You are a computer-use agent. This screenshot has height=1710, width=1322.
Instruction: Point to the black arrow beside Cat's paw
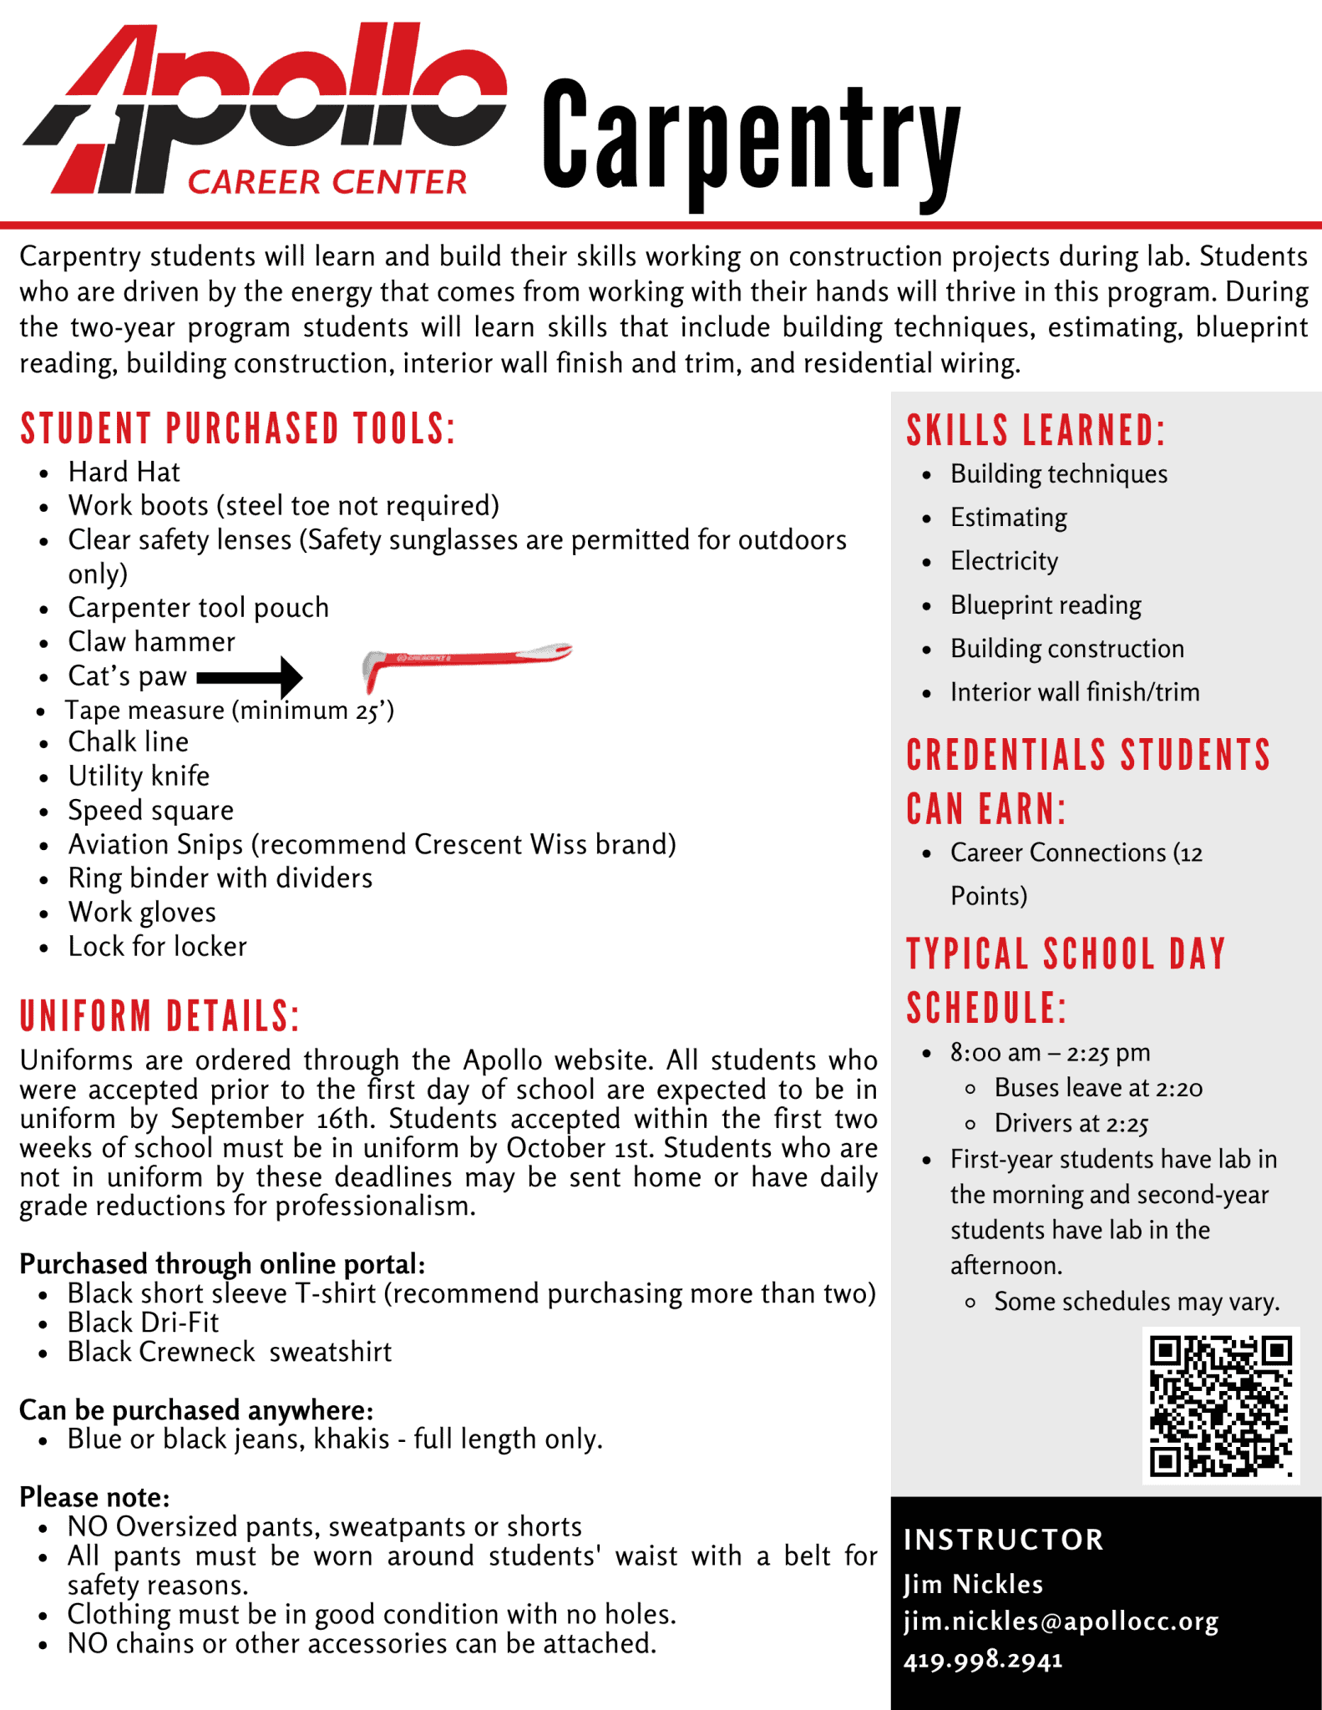pyautogui.click(x=250, y=676)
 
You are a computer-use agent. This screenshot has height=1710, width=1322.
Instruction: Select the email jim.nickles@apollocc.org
pyautogui.click(x=1061, y=1621)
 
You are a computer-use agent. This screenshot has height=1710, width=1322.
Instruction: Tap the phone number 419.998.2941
pyautogui.click(x=983, y=1659)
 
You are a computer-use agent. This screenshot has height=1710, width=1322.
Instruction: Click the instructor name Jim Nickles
pyautogui.click(x=973, y=1584)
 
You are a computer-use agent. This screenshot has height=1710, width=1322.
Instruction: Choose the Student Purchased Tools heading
pyautogui.click(x=238, y=429)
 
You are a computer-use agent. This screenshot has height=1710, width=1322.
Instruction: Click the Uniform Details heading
pyautogui.click(x=160, y=1016)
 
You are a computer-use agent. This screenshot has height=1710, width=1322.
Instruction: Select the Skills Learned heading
pyautogui.click(x=1036, y=431)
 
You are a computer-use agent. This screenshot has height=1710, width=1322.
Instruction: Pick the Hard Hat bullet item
pyautogui.click(x=124, y=473)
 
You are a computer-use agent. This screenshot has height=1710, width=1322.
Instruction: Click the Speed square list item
pyautogui.click(x=150, y=811)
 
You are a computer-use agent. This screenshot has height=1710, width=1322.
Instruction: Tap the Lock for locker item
pyautogui.click(x=157, y=947)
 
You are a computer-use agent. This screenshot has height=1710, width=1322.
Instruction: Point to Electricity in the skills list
pyautogui.click(x=1004, y=561)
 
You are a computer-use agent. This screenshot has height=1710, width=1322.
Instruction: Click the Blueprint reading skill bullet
pyautogui.click(x=1046, y=605)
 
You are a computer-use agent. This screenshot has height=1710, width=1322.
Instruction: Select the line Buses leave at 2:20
pyautogui.click(x=1098, y=1088)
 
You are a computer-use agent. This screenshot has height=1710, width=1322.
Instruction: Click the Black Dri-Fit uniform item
pyautogui.click(x=143, y=1323)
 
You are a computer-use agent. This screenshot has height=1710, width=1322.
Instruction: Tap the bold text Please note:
pyautogui.click(x=94, y=1497)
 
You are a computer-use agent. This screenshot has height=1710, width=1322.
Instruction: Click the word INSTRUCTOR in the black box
pyautogui.click(x=1004, y=1540)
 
